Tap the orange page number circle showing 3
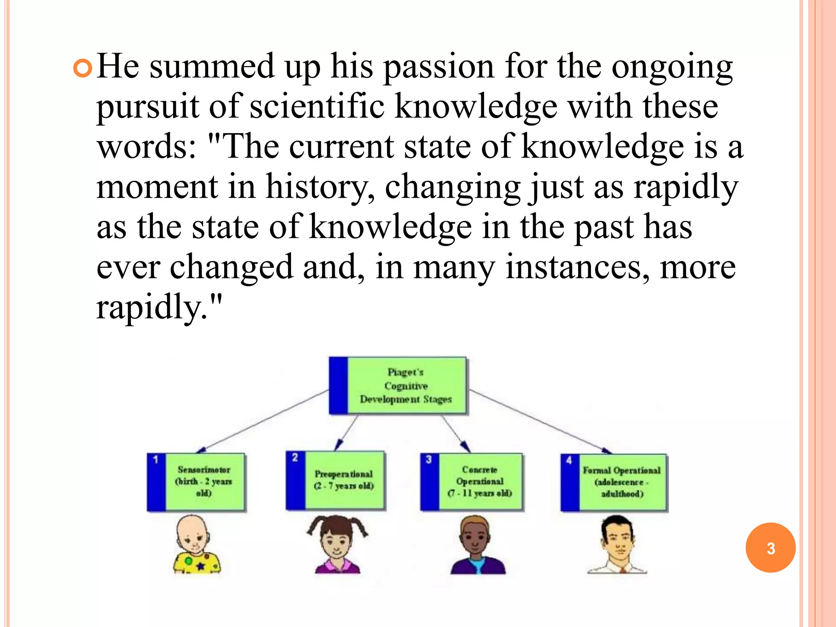tap(770, 548)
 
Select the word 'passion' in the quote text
tap(439, 67)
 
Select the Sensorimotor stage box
tap(196, 482)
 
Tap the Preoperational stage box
tap(336, 480)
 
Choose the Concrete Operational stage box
tap(471, 482)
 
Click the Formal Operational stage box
tap(614, 482)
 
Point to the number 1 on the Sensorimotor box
tap(156, 460)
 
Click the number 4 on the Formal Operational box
tap(569, 460)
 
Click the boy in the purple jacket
tap(477, 545)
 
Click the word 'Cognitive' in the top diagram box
tap(406, 386)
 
